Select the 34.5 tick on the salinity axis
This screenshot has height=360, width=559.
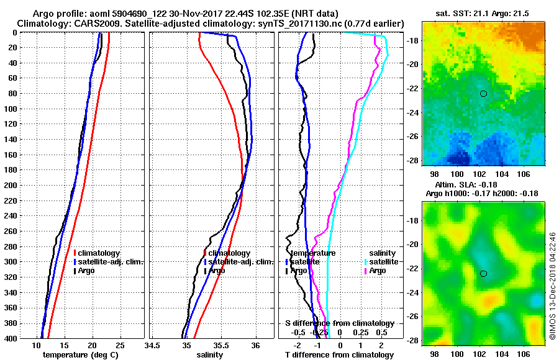click(x=152, y=345)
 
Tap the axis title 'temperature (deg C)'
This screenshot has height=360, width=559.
click(x=80, y=354)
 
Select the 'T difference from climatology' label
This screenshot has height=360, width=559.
click(x=339, y=354)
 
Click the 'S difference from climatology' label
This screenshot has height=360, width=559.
click(x=339, y=323)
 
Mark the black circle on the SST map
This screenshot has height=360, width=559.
click(x=483, y=94)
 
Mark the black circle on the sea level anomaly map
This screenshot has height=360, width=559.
click(x=483, y=274)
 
